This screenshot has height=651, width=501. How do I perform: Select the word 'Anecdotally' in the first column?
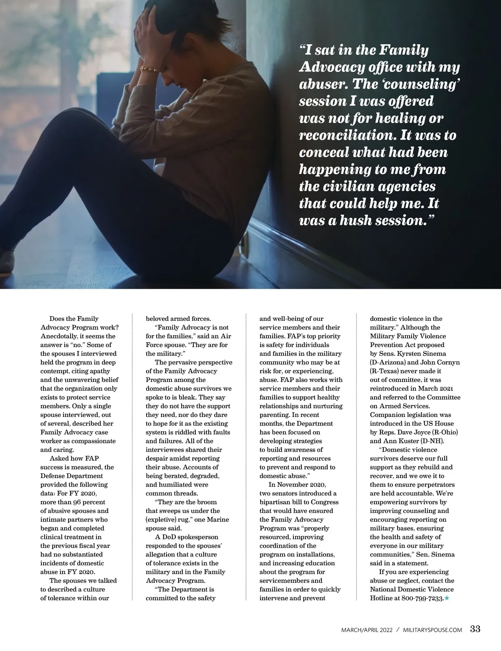click(x=59, y=336)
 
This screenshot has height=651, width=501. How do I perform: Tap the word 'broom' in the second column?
click(x=208, y=502)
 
